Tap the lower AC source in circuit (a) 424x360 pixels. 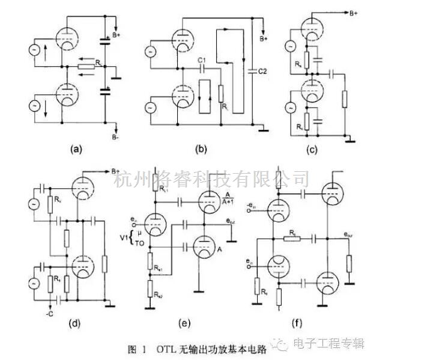[35, 106]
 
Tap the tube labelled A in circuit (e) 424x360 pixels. [204, 246]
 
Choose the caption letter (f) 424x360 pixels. [297, 323]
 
